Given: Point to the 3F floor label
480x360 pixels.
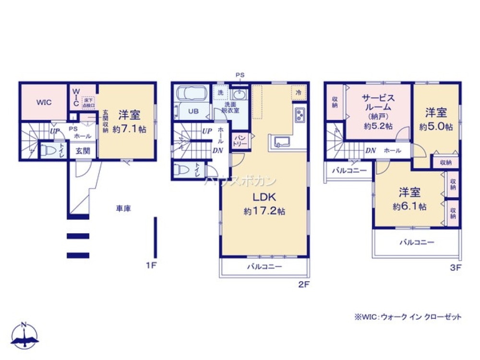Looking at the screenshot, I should point(455,268).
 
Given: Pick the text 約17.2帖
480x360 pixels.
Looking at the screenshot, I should point(264,211).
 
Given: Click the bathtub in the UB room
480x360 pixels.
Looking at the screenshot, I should point(191,93).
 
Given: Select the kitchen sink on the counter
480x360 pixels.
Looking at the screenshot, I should point(281,141).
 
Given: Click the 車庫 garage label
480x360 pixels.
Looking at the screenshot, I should point(123,208).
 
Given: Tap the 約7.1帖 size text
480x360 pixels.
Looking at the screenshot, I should point(130,129).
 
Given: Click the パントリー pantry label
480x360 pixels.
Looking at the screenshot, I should point(240,141).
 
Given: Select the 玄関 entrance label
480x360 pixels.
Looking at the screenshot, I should point(83,150).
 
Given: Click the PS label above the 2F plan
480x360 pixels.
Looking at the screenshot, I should point(240,75).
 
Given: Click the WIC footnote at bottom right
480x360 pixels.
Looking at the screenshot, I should point(408,317).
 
